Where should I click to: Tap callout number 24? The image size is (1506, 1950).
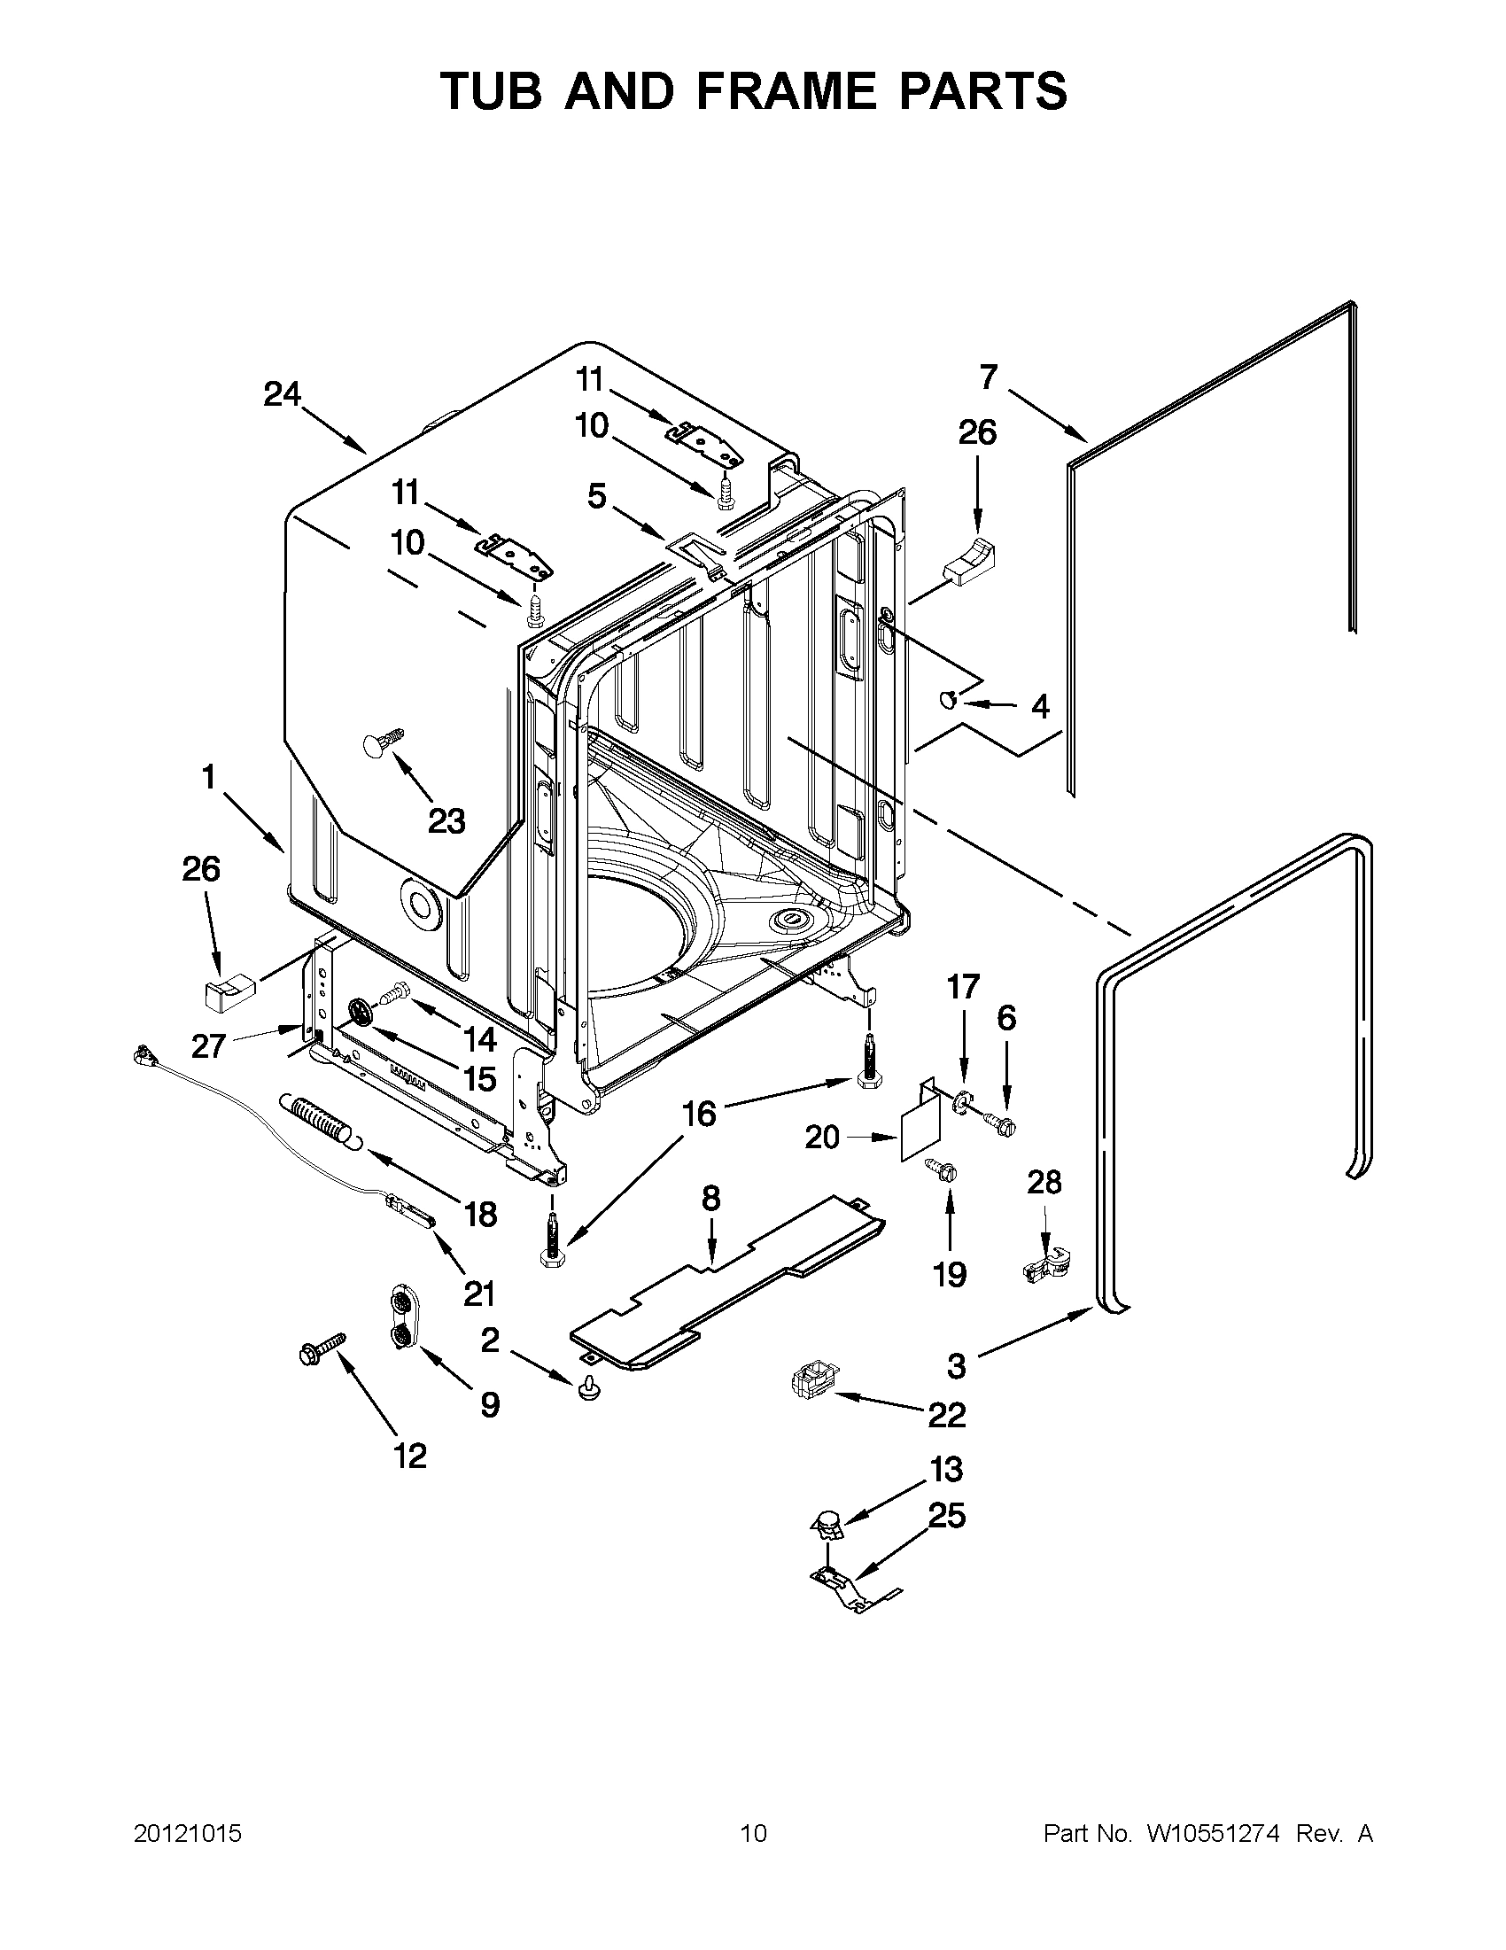(282, 393)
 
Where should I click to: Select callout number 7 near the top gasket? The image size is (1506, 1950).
(988, 377)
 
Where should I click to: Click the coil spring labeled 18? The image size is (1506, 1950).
(315, 1120)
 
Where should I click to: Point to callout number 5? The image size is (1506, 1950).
(597, 495)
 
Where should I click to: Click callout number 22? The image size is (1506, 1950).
(946, 1414)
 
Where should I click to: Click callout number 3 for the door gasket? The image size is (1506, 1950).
(956, 1365)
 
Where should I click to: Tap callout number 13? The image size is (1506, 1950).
(946, 1469)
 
